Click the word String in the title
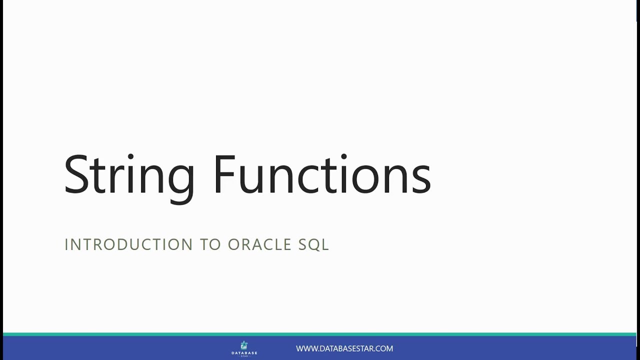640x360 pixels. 129,175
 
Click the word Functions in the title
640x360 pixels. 321,175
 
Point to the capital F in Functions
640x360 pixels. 224,175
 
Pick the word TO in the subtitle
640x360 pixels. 210,244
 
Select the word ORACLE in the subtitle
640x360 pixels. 260,244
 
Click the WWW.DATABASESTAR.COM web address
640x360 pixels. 344,348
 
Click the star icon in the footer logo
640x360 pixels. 244,345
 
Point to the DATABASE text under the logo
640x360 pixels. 244,353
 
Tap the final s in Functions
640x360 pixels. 421,180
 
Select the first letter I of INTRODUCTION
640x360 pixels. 66,244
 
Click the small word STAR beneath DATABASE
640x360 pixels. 244,356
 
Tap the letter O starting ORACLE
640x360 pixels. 233,244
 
